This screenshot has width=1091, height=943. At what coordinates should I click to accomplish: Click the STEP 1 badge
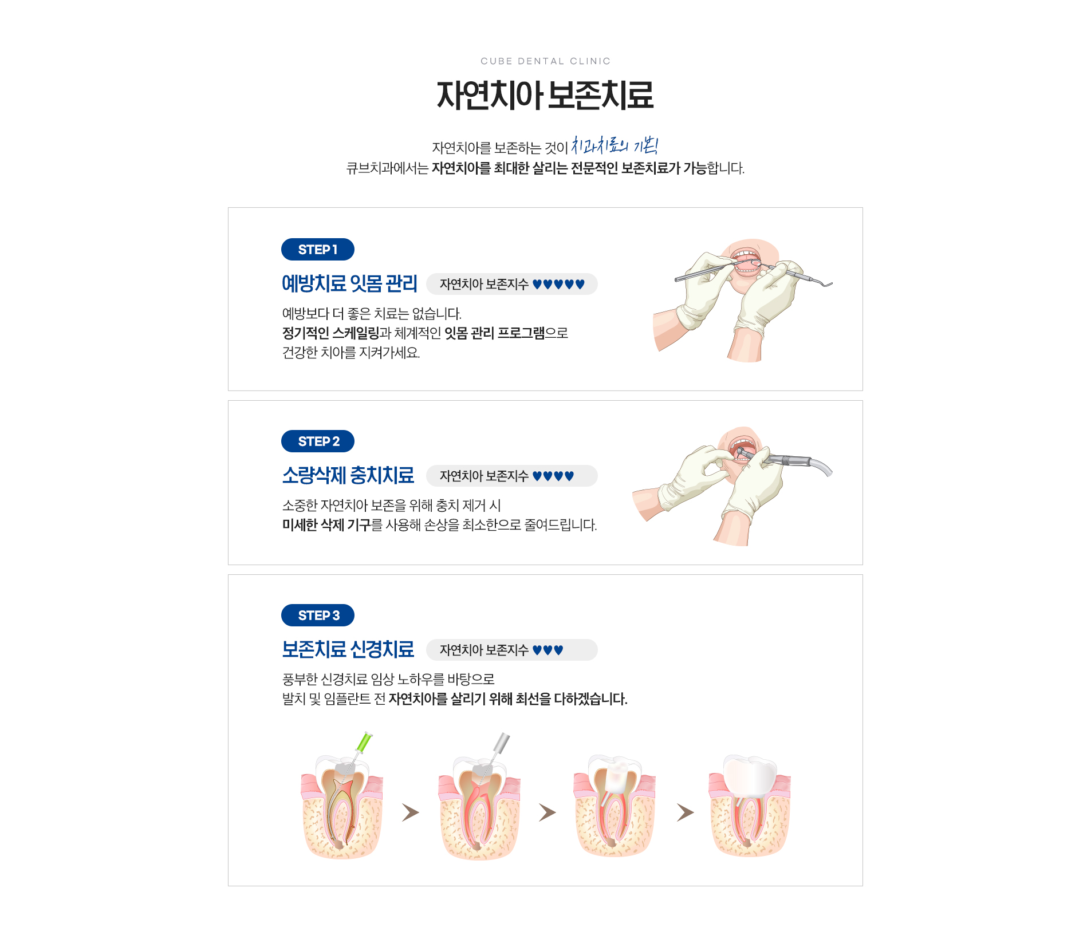tap(317, 250)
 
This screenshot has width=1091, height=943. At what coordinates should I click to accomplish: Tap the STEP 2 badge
tap(317, 441)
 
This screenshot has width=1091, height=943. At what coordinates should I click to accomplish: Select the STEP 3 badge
tap(317, 615)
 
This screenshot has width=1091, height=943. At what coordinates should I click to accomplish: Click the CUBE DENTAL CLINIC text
tap(545, 61)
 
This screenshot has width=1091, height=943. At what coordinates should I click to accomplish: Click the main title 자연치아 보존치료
tap(545, 95)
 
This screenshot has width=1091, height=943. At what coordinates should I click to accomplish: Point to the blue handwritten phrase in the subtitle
tap(615, 145)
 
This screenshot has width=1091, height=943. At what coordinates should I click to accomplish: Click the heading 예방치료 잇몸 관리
tap(349, 283)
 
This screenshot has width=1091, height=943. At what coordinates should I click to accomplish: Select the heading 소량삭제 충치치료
tap(348, 475)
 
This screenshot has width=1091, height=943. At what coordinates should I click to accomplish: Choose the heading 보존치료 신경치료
tap(348, 649)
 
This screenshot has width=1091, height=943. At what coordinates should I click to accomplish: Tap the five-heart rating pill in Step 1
tap(512, 284)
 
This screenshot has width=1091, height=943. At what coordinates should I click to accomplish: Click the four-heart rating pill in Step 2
tap(512, 476)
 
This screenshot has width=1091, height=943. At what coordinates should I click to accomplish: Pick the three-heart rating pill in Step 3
tap(512, 650)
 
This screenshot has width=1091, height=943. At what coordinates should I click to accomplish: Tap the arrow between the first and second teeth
tap(410, 812)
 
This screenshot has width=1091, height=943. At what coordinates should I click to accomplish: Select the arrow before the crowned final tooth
tap(685, 812)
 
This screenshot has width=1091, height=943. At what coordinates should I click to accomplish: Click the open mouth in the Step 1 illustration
tap(747, 263)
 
